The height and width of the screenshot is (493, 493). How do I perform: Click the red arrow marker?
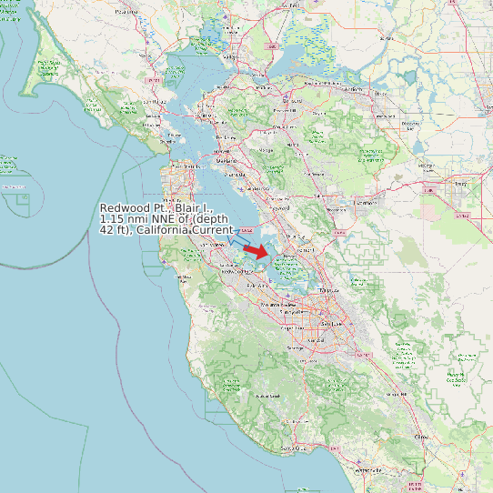[257, 250]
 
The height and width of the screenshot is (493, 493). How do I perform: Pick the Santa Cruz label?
[291, 448]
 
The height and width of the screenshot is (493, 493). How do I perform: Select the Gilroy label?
[420, 438]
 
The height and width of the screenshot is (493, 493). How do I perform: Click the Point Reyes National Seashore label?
[48, 66]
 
